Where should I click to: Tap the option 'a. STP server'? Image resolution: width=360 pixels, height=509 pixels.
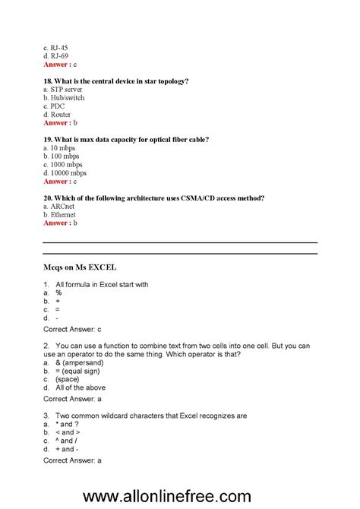pos(63,90)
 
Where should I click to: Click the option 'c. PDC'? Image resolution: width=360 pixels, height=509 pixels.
pos(54,106)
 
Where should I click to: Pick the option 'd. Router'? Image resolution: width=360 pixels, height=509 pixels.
pos(57,115)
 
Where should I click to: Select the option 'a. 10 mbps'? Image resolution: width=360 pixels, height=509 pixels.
pos(60,148)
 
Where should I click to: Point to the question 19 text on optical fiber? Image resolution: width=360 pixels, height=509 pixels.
pos(126,139)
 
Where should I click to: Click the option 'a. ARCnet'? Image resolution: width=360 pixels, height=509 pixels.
pos(60,207)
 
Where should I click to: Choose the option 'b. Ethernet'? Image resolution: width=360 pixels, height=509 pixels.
pos(60,215)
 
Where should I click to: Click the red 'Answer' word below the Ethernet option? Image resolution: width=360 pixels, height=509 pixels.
pos(55,223)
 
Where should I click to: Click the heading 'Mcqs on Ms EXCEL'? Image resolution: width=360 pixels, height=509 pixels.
pos(81,267)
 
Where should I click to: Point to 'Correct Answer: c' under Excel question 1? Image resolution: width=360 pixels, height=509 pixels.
pos(72,330)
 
